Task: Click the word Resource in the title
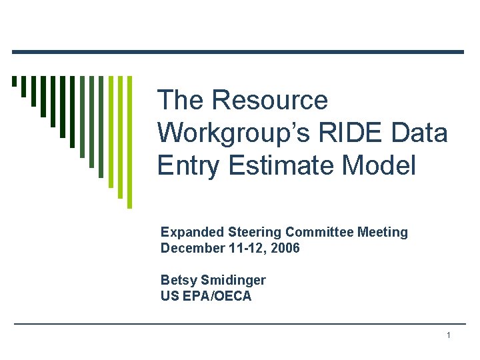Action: pos(269,101)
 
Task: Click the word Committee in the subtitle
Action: pos(320,232)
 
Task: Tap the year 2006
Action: pos(287,249)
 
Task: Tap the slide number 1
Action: pos(449,335)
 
